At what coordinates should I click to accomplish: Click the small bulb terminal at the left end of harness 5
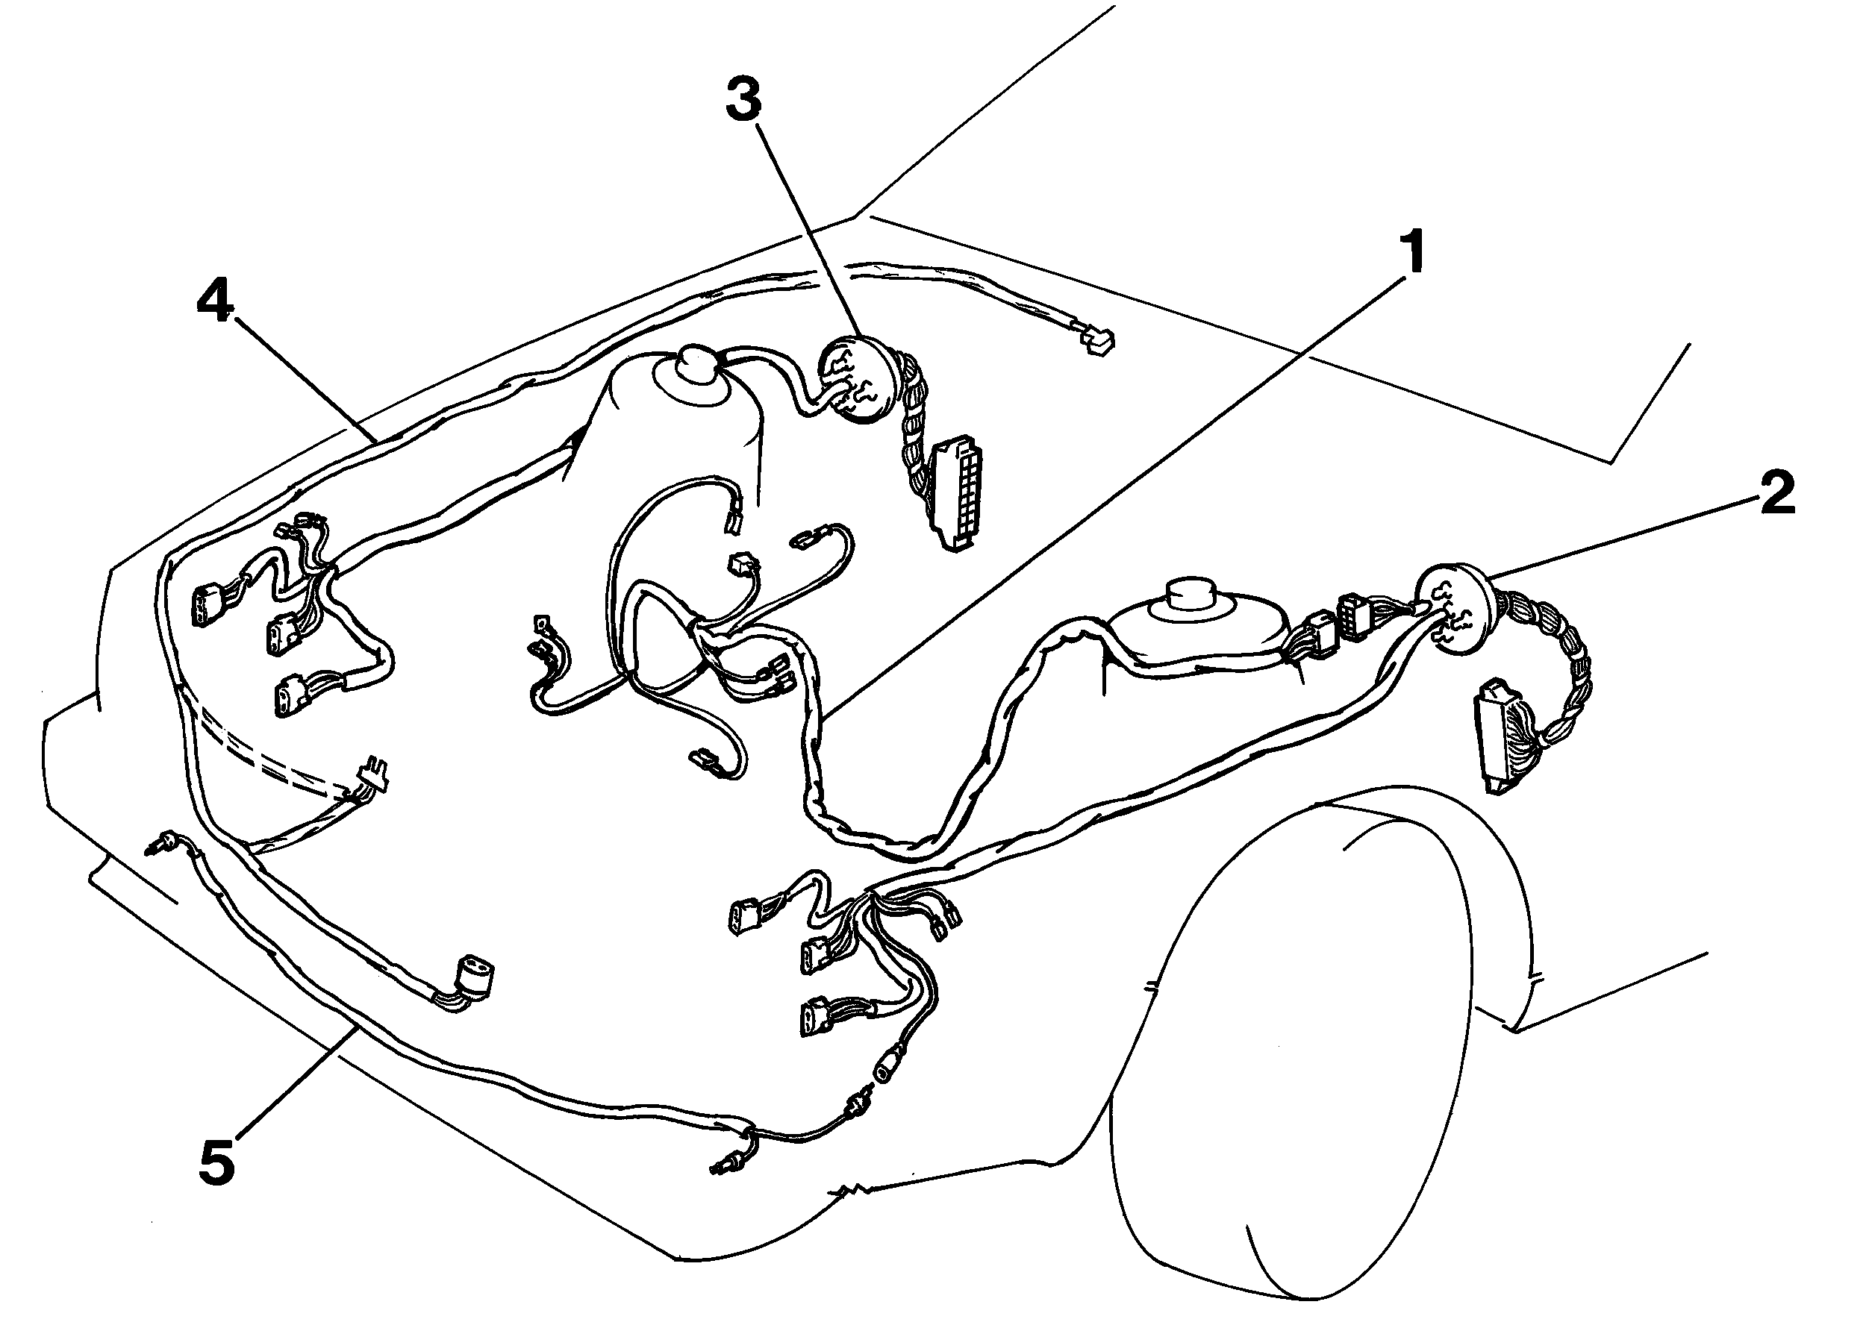tap(164, 842)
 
